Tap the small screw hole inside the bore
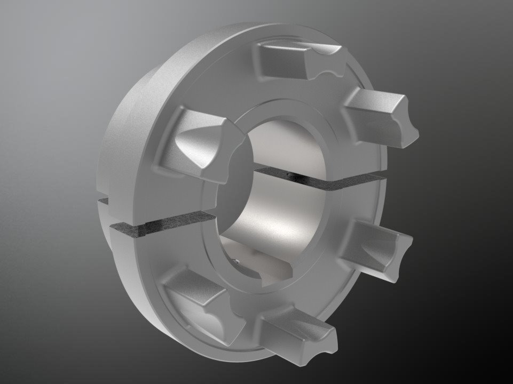click(236, 261)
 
